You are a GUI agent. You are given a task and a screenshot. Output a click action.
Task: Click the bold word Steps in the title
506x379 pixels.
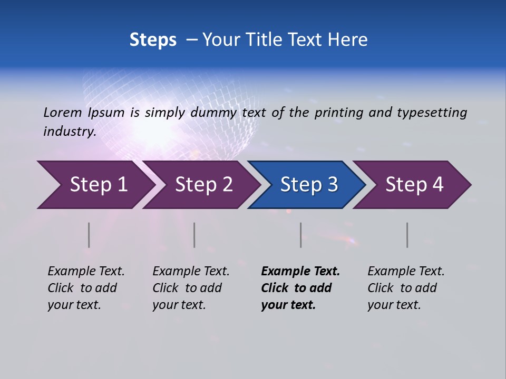153,40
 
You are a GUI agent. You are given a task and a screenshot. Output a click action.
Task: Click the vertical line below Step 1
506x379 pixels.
89,235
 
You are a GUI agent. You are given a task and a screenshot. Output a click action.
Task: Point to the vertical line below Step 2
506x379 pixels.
194,235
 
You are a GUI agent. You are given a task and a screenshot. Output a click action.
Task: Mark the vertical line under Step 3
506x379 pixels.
301,235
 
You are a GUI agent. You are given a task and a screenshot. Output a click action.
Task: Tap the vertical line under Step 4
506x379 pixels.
407,235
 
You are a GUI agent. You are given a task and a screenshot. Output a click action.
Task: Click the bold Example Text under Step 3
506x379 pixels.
300,288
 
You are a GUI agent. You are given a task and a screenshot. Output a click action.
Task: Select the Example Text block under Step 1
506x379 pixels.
86,288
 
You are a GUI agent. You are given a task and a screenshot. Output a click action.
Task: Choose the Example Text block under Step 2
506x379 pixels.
191,288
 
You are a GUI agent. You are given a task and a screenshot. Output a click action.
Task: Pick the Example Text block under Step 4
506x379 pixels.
406,288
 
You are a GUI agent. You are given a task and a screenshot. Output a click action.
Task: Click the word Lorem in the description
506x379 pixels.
63,113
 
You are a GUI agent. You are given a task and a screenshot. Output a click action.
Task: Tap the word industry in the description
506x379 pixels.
69,132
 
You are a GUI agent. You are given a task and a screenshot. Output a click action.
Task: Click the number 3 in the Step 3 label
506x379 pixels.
333,185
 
